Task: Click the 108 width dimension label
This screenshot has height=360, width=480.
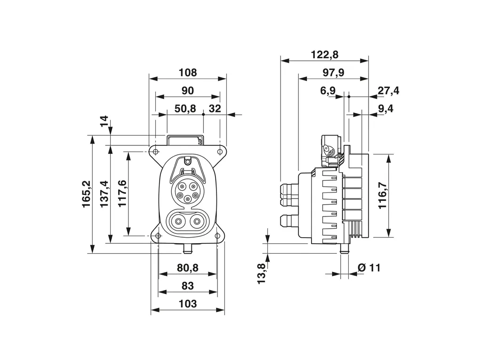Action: pos(188,73)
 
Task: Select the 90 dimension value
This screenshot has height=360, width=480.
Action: pos(188,90)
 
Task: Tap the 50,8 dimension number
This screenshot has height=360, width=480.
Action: pos(185,109)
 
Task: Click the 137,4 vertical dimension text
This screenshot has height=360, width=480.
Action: pos(104,194)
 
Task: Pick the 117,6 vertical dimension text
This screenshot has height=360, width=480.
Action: pos(121,193)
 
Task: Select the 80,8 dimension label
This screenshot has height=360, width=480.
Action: pos(187,268)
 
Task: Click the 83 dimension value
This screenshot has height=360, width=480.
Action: pos(187,286)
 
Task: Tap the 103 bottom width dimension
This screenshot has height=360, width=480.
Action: pos(187,304)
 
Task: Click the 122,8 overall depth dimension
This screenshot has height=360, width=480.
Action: pos(324,55)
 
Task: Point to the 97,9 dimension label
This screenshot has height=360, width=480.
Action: pos(333,72)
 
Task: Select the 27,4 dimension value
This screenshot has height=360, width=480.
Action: pos(388,91)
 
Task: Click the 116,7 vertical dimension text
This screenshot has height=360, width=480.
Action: pos(382,195)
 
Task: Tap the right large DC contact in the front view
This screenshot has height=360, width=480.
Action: pos(197,221)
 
